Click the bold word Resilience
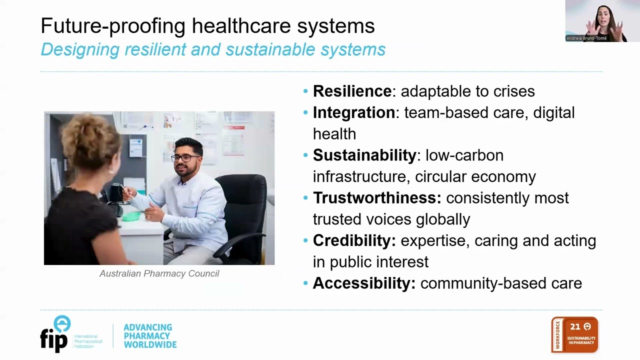[352, 91]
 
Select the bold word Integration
[354, 112]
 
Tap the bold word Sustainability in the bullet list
[364, 155]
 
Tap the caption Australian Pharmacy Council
[159, 273]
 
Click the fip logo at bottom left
[55, 334]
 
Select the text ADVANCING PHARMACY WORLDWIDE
[149, 336]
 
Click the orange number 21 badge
[575, 334]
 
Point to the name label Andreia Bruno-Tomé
[586, 38]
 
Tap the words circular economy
[475, 176]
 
